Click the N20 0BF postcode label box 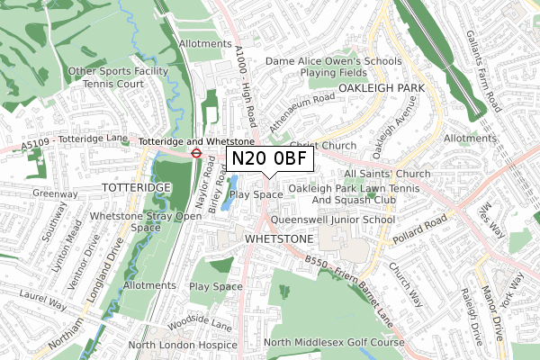tap(268, 159)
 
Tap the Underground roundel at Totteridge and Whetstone tap(194, 152)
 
